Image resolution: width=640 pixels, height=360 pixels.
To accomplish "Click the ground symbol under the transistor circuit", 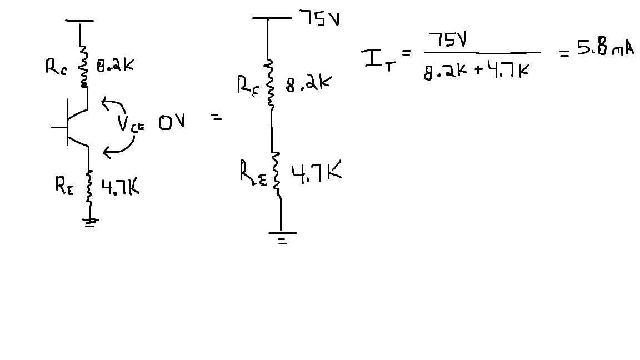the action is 90,222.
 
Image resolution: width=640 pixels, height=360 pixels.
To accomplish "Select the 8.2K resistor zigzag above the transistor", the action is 84,66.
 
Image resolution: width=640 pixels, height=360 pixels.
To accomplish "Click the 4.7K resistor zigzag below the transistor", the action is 89,187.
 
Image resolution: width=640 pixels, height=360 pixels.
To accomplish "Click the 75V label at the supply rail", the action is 319,18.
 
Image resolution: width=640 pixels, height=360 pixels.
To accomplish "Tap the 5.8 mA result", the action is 606,47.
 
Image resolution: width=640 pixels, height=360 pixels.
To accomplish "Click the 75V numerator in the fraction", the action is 447,40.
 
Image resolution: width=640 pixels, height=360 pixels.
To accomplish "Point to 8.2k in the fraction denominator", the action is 445,72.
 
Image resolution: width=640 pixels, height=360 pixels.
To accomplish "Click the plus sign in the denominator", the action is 478,71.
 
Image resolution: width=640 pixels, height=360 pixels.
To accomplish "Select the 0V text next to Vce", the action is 172,122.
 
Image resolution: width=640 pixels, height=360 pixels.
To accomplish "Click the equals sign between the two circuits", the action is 216,118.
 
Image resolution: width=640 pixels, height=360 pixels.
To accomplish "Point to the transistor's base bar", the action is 67,122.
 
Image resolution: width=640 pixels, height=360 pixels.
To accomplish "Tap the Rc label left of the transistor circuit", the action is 56,67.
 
